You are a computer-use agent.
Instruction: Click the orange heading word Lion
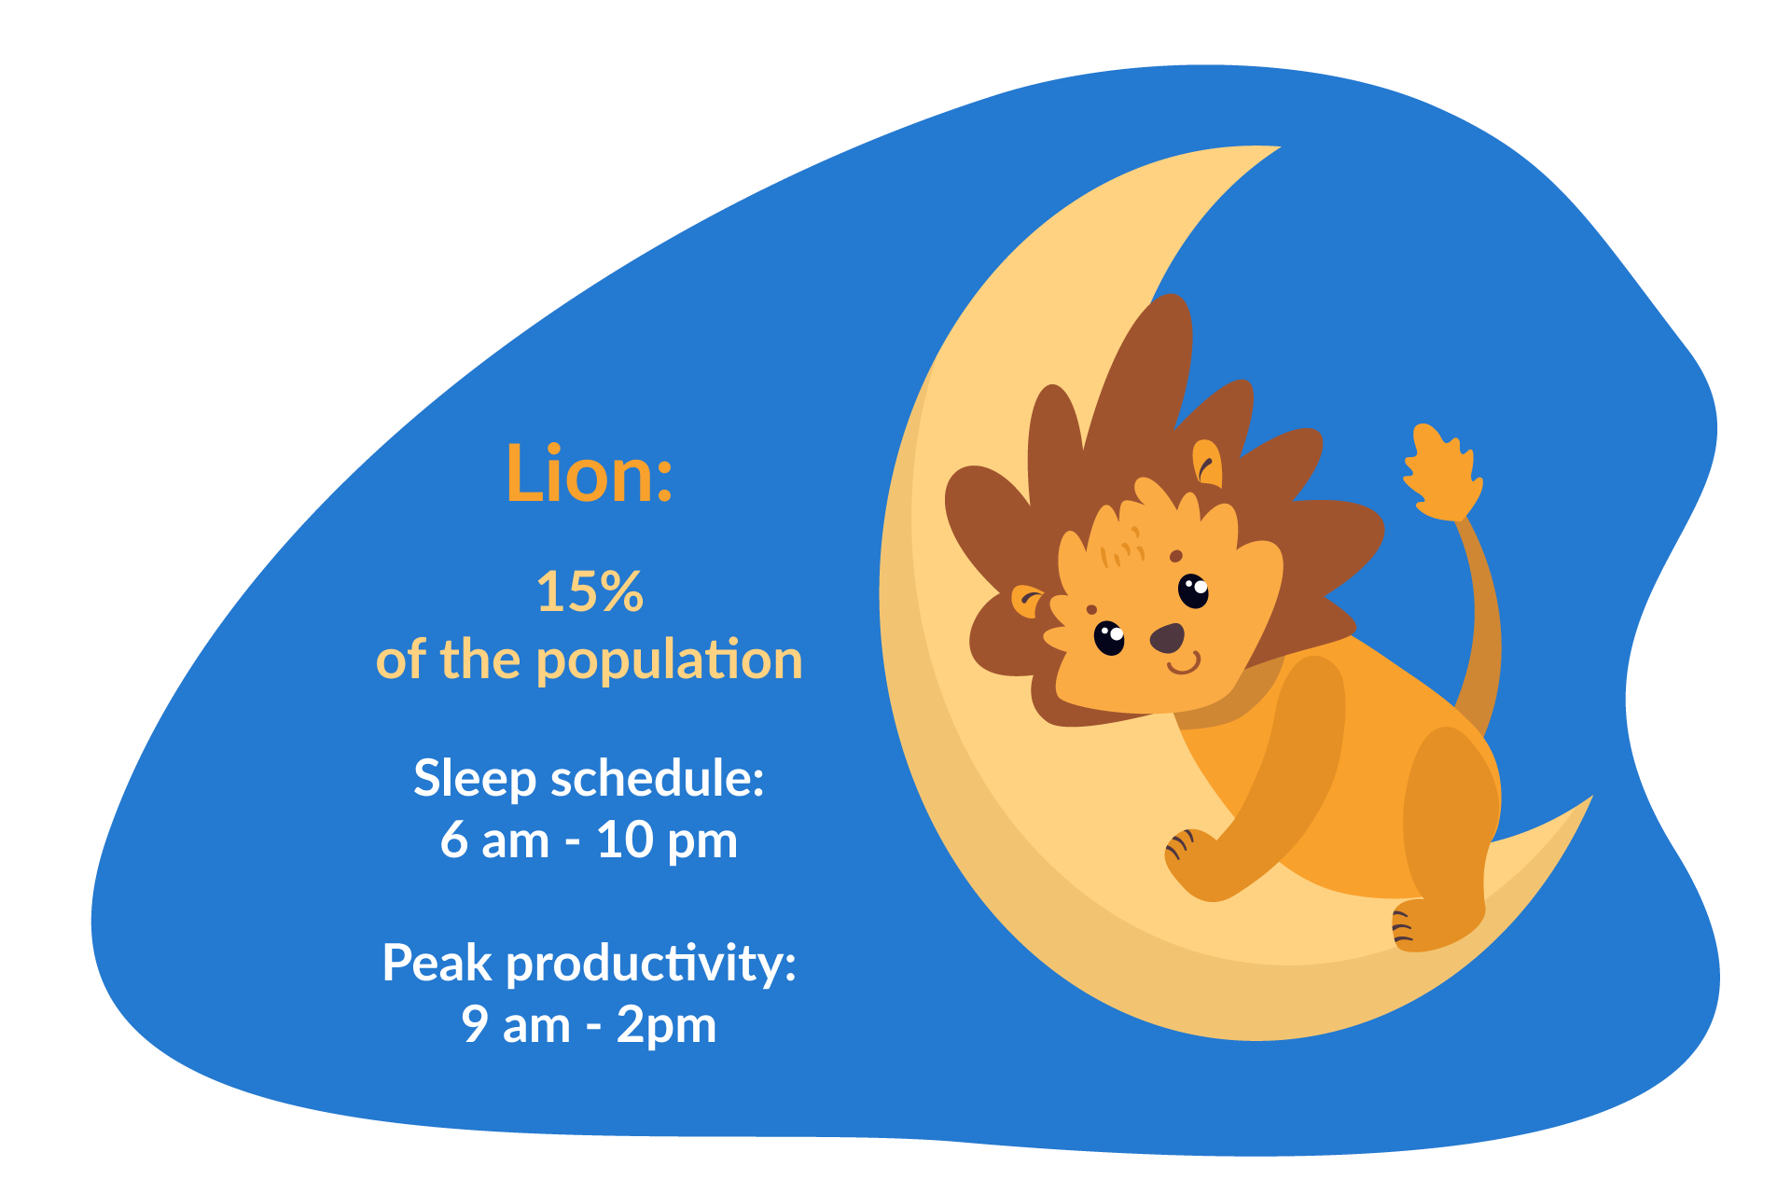pos(588,474)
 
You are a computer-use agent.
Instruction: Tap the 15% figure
pos(590,591)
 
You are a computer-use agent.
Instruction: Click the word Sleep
pos(475,778)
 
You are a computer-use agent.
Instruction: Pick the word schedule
pos(657,778)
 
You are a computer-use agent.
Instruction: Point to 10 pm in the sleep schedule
pos(666,840)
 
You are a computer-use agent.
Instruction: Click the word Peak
pos(437,963)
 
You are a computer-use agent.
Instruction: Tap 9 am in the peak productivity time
pos(515,1025)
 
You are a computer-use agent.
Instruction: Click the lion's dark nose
pos(1167,639)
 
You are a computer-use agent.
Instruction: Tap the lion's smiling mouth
pos(1184,664)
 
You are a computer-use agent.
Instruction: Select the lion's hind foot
pos(1423,927)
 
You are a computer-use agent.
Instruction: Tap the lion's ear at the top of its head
pos(1208,463)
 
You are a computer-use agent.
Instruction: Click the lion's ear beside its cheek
pos(1027,601)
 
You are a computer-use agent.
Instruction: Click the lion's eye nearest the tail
pos(1193,590)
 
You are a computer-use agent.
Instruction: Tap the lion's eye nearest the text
pos(1109,638)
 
